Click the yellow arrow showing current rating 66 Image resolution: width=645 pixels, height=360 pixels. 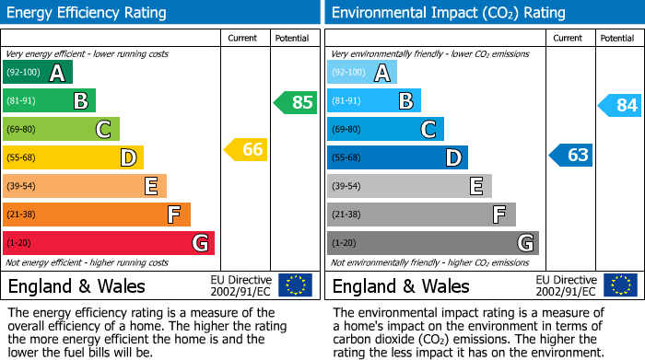click(x=246, y=149)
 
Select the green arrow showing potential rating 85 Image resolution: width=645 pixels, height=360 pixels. click(x=296, y=102)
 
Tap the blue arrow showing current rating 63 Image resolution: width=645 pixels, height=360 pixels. click(x=570, y=155)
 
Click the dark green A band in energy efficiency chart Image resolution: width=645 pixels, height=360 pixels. click(x=38, y=73)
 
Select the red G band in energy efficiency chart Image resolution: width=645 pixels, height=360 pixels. click(x=109, y=243)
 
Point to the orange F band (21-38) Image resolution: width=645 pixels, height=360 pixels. click(x=97, y=215)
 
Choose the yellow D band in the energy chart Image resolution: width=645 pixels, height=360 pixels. click(x=73, y=157)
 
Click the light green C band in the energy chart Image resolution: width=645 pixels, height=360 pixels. click(x=62, y=129)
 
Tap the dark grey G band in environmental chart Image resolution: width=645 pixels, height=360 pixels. click(x=432, y=243)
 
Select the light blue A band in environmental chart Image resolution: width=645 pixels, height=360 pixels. click(x=362, y=73)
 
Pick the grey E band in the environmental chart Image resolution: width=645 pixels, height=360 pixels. click(x=409, y=186)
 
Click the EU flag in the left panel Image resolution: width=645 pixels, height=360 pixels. click(x=295, y=285)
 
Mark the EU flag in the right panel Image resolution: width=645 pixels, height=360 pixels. click(x=619, y=285)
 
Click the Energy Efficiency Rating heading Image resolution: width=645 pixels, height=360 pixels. click(x=88, y=13)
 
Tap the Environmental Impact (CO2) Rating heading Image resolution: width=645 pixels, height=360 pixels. click(x=448, y=13)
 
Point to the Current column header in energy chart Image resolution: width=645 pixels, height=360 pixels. click(x=244, y=38)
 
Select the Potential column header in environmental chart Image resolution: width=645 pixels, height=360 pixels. click(x=616, y=38)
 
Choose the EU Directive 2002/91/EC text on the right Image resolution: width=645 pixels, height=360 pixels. click(x=566, y=285)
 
